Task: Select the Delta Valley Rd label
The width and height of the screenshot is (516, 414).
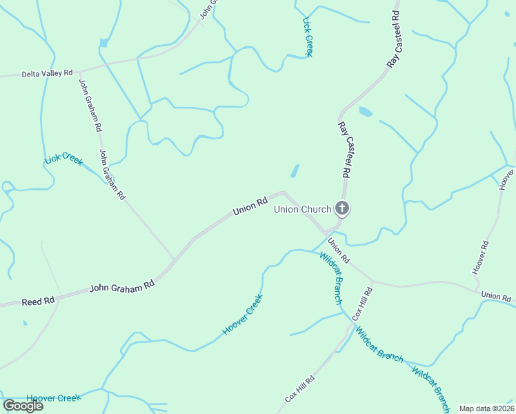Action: [x=47, y=73]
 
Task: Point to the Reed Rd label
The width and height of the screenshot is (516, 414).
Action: [x=38, y=302]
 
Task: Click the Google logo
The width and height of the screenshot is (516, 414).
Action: [x=23, y=405]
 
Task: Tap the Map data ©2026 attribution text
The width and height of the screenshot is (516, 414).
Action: [x=486, y=408]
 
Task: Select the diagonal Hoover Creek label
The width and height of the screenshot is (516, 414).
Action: [x=242, y=315]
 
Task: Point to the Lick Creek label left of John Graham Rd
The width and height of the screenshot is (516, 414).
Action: [x=63, y=159]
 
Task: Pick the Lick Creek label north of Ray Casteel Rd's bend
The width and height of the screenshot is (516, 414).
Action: [x=308, y=37]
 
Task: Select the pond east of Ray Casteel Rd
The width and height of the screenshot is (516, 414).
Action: [x=365, y=111]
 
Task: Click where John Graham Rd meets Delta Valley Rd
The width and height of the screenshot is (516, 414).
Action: [x=77, y=71]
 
